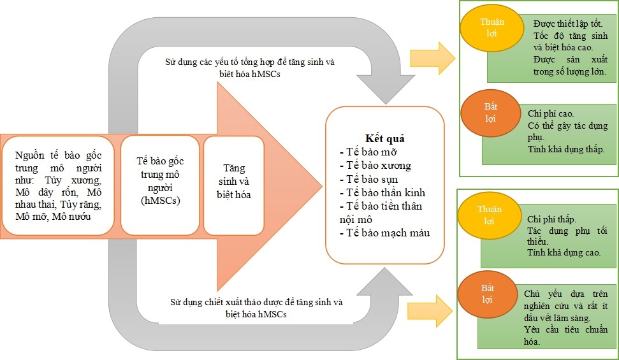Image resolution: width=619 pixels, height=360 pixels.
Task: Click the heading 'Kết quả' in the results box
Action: click(x=385, y=138)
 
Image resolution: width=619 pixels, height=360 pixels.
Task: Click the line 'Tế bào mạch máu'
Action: click(x=384, y=233)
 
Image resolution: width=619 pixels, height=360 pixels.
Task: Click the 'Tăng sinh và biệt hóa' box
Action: click(x=233, y=184)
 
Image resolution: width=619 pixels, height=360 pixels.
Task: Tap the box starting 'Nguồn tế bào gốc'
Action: click(x=59, y=185)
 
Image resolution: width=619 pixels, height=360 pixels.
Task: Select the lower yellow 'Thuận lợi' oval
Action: click(x=488, y=215)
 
